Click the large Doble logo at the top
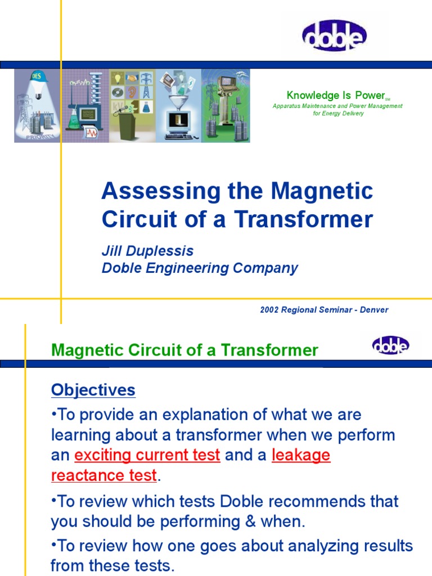click(334, 35)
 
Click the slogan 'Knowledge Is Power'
click(335, 95)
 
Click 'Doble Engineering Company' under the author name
click(200, 268)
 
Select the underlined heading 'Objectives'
click(93, 390)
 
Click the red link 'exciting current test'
click(147, 455)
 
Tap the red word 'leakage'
click(301, 455)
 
